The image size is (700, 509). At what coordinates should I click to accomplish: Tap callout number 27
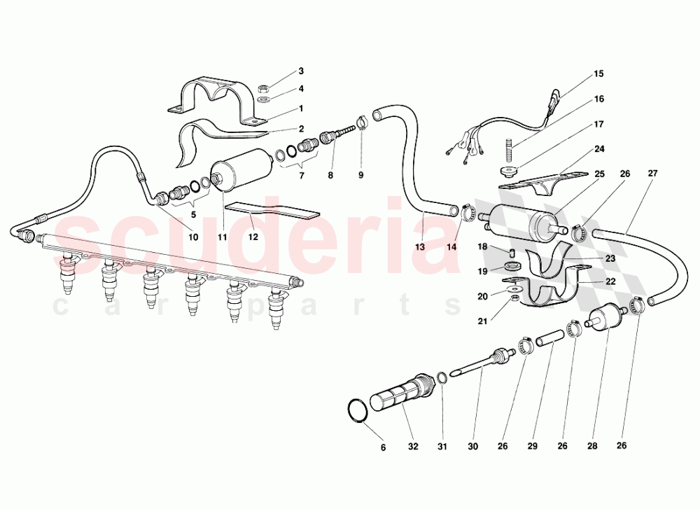[x=652, y=173]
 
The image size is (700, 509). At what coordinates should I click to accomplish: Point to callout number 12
[x=253, y=237]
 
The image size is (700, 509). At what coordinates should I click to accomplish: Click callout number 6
[x=383, y=447]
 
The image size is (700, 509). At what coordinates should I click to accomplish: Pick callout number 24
[x=599, y=148]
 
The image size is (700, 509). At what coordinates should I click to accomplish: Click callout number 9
[x=361, y=175]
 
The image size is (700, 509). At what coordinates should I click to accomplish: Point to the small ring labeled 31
[x=442, y=379]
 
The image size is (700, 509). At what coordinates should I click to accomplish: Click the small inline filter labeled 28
[x=603, y=323]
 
